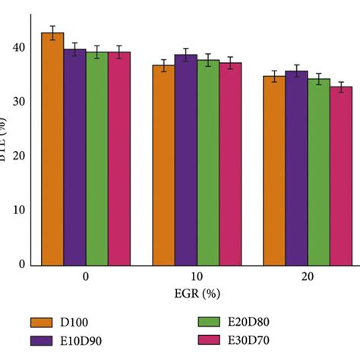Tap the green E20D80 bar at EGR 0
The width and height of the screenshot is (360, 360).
click(x=96, y=159)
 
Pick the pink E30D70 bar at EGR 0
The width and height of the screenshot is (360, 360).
click(x=118, y=159)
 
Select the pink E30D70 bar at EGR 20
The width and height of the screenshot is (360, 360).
click(x=341, y=175)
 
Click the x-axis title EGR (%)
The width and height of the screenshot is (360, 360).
click(x=196, y=292)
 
